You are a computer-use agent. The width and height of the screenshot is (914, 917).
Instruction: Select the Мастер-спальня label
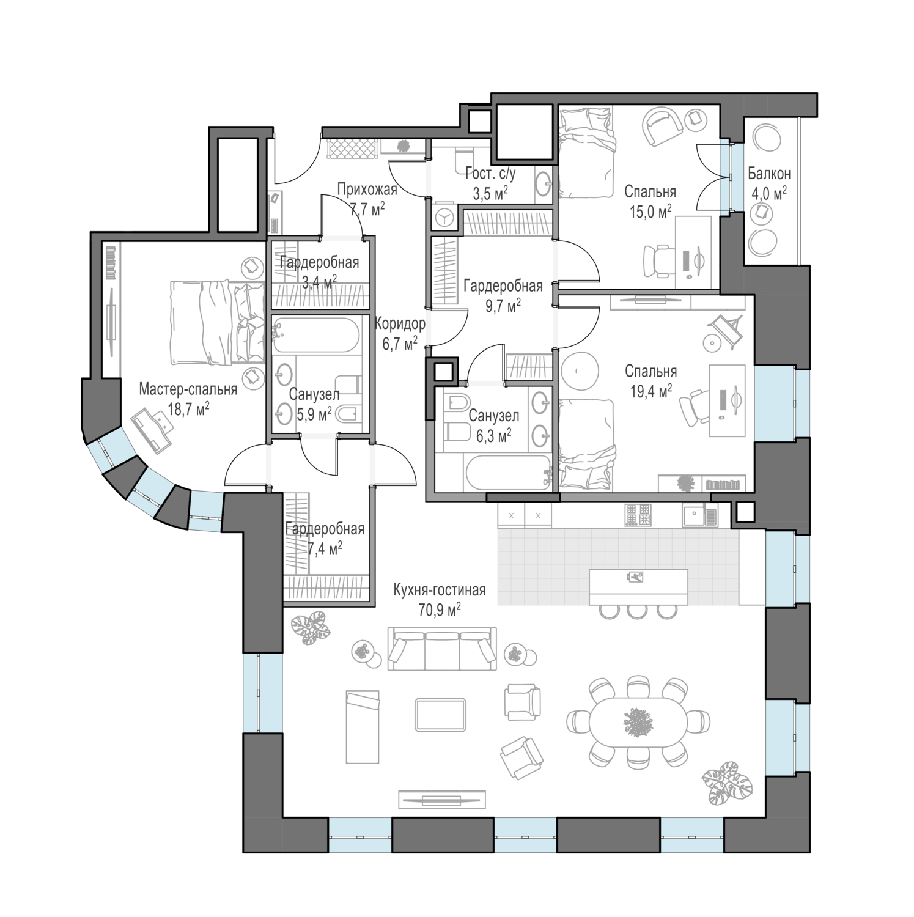pyautogui.click(x=188, y=388)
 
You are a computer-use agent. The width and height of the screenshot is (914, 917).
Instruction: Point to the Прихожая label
pyautogui.click(x=367, y=190)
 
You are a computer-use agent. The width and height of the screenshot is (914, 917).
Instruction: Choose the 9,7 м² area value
pyautogui.click(x=503, y=304)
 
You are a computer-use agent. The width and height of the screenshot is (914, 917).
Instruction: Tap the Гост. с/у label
pyautogui.click(x=490, y=174)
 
